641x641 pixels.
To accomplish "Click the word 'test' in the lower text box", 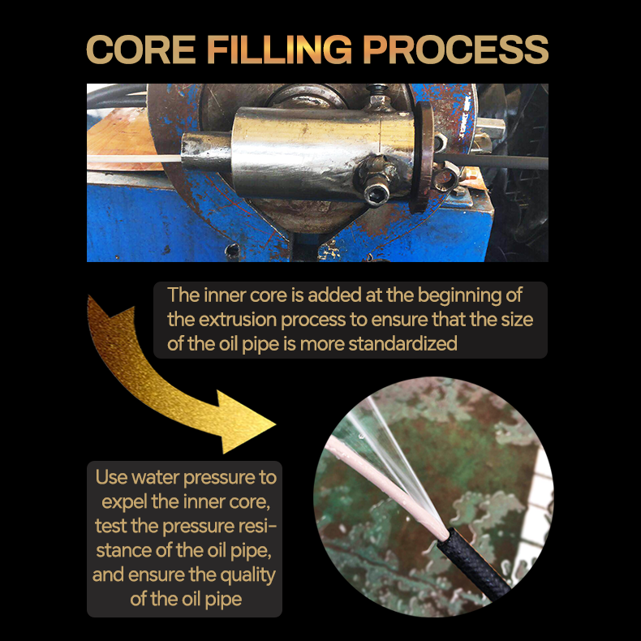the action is (x=111, y=526).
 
